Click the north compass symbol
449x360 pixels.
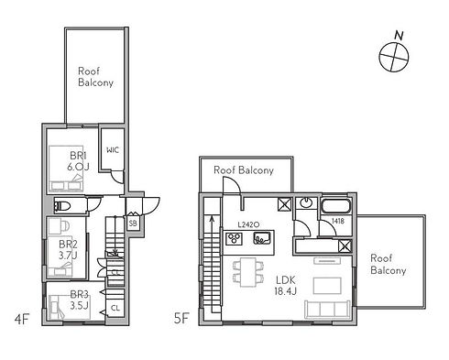click(394, 57)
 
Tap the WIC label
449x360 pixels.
click(113, 150)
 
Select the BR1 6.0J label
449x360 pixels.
click(78, 161)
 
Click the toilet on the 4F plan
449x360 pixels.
click(62, 205)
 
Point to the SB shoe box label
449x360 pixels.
click(133, 224)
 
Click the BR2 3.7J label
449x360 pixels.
click(68, 250)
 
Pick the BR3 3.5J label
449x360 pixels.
click(79, 300)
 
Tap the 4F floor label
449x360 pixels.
click(22, 320)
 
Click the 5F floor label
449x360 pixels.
click(181, 319)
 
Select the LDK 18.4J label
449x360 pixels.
click(286, 285)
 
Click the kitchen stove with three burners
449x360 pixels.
click(234, 238)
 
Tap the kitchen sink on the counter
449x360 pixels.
click(262, 238)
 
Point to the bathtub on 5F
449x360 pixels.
click(335, 206)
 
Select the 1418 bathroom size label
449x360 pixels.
click(338, 221)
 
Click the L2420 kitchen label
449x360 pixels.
click(248, 224)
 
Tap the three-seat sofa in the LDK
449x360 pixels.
click(327, 310)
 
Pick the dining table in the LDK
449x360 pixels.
click(248, 272)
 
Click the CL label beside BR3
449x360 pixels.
click(115, 308)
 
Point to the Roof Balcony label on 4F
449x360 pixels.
click(95, 77)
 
